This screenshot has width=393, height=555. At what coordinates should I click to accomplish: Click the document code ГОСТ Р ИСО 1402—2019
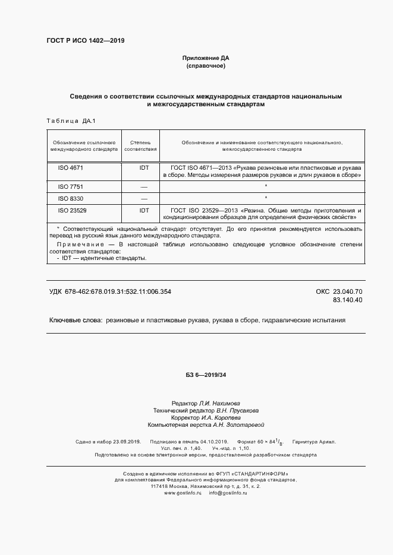pos(86,40)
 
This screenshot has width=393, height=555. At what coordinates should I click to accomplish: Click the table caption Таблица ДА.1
pos(71,121)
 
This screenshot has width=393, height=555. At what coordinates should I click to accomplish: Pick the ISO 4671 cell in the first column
pos(70,168)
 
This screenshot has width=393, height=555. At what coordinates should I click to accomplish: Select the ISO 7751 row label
pos(70,186)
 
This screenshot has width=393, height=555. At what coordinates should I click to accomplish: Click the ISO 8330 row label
pos(70,198)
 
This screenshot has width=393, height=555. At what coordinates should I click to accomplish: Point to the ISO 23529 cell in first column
pos(72,210)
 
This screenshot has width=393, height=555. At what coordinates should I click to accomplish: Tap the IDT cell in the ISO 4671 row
pos(144,168)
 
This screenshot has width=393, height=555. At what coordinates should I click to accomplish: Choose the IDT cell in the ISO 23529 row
pos(144,210)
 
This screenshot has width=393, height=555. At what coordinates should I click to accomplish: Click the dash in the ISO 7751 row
pos(144,187)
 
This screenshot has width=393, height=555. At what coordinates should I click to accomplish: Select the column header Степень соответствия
pos(140,147)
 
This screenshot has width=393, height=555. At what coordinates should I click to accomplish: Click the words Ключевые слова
pos(75,321)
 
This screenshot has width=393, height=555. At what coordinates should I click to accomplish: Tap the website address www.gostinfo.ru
pos(183,493)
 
